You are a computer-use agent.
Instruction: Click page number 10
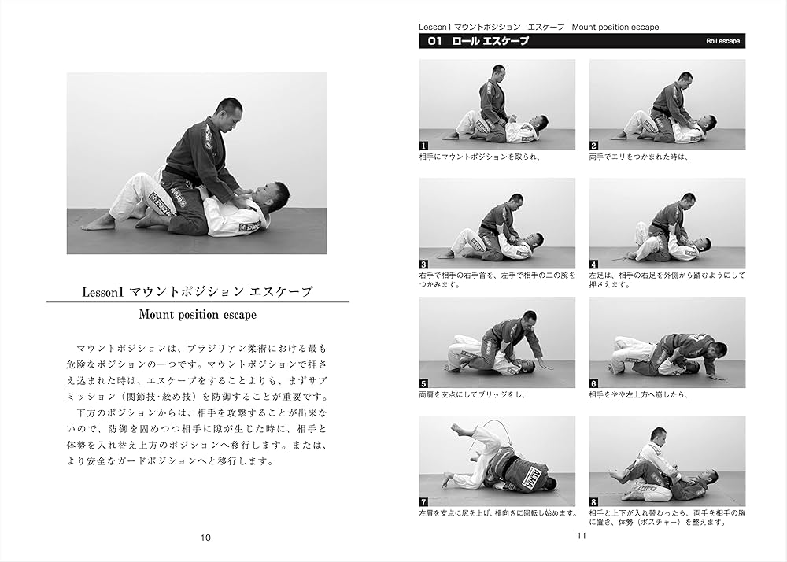click(205, 538)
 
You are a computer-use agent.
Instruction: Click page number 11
click(582, 535)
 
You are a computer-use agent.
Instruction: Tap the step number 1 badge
click(423, 146)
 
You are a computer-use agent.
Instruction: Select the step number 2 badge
click(593, 146)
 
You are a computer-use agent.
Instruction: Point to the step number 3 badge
click(423, 264)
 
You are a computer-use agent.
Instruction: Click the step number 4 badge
click(593, 264)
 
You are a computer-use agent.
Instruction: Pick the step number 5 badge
click(423, 384)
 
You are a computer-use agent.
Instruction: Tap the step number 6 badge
click(593, 384)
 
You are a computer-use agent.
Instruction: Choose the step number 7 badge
click(423, 502)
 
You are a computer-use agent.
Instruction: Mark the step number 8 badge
click(593, 502)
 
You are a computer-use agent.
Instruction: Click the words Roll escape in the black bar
click(722, 41)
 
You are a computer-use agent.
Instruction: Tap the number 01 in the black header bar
click(434, 41)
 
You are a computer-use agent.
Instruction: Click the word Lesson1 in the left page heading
click(103, 292)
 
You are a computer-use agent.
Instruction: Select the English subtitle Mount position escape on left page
click(198, 315)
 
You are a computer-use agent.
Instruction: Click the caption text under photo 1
click(479, 157)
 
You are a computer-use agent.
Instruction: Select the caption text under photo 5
click(472, 395)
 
